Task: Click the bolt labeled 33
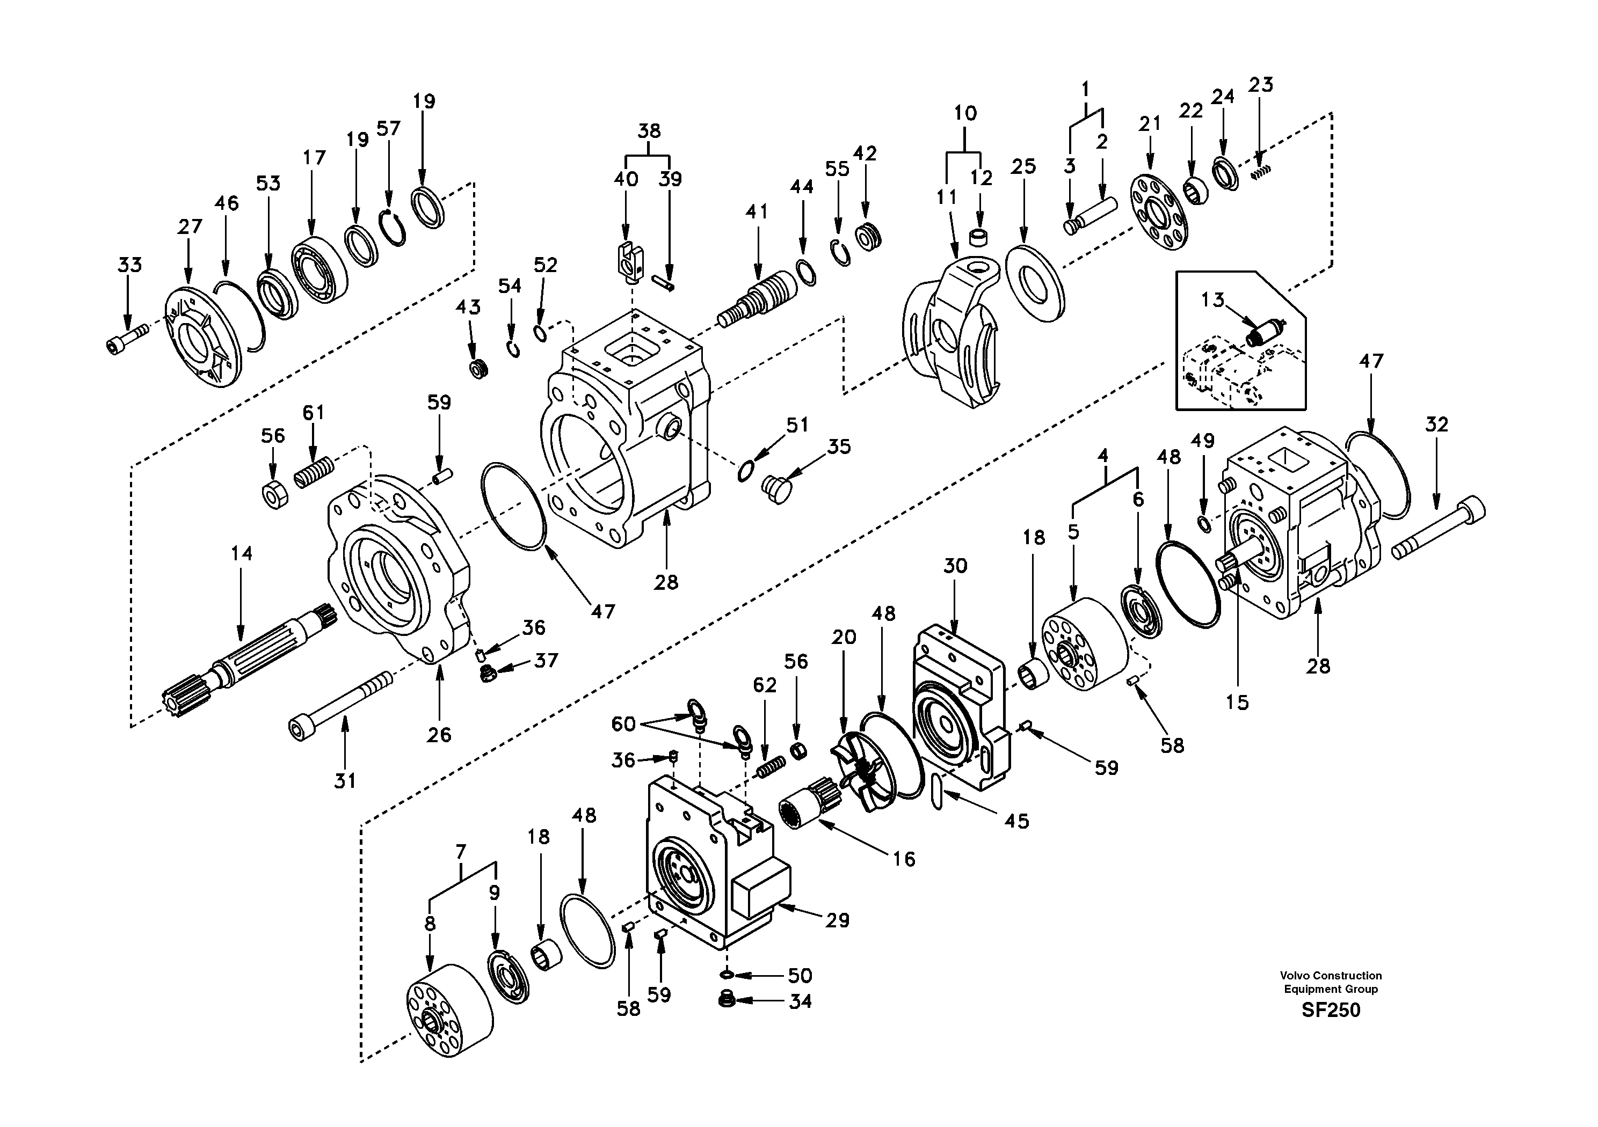pyautogui.click(x=127, y=339)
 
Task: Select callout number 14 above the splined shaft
pyautogui.click(x=242, y=554)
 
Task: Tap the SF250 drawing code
pyautogui.click(x=1330, y=1010)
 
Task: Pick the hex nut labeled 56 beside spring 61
pyautogui.click(x=272, y=495)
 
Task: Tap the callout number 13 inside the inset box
pyautogui.click(x=1212, y=301)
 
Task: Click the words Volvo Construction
pyautogui.click(x=1330, y=975)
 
